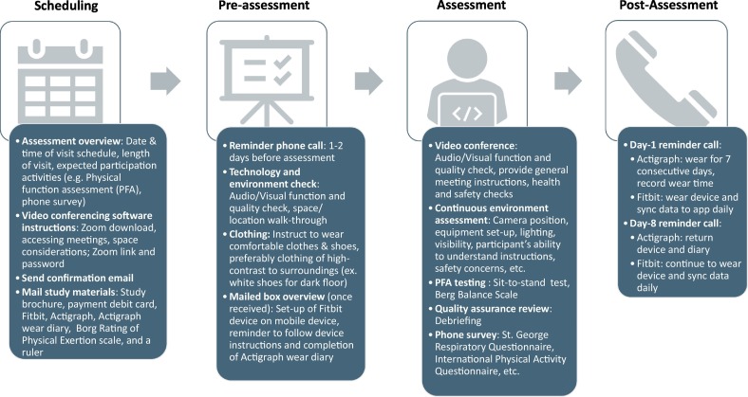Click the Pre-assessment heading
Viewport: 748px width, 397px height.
[263, 8]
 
